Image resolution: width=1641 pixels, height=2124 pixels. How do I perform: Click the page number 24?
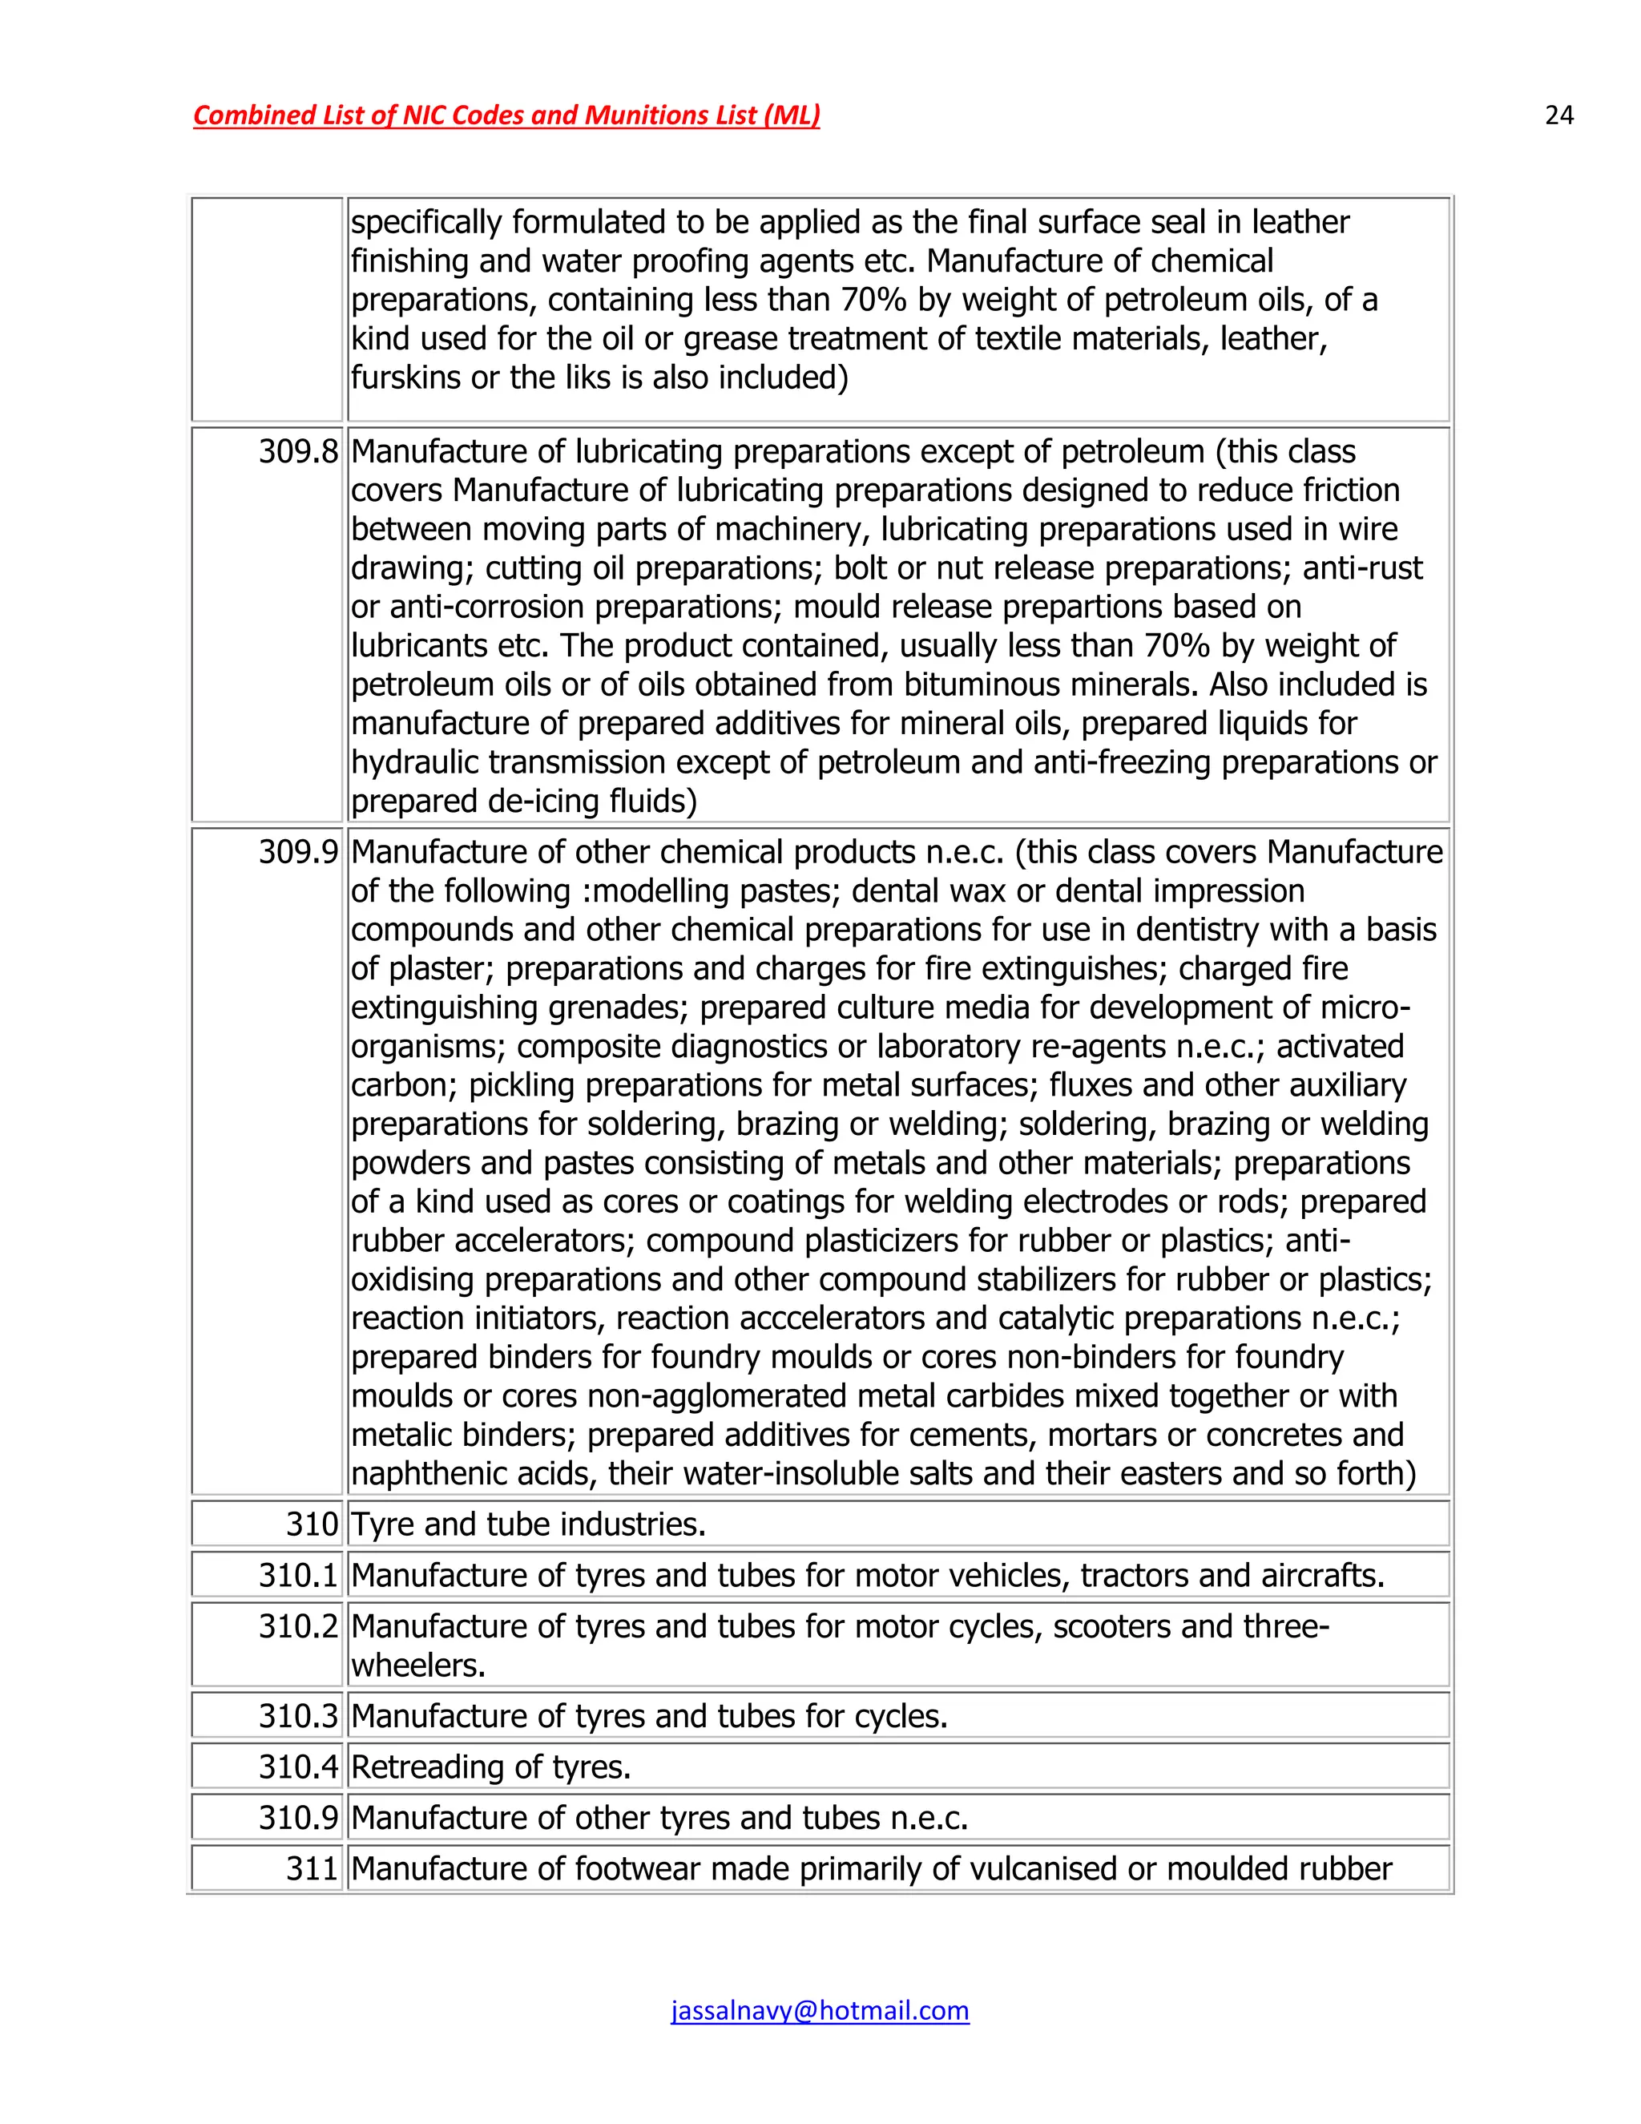(1558, 115)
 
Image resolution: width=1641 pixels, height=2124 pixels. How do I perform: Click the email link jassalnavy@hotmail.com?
(820, 2010)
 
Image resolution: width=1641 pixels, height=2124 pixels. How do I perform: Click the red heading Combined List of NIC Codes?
(506, 115)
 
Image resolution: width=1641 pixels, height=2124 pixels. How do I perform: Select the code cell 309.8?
(297, 452)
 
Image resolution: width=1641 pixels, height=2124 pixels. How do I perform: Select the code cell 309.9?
(297, 853)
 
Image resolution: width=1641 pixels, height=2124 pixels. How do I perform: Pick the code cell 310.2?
(297, 1626)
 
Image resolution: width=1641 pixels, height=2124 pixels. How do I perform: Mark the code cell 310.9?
(297, 1818)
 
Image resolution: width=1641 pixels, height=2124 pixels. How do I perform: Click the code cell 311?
(311, 1868)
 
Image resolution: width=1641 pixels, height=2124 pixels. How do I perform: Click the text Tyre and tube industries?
(528, 1524)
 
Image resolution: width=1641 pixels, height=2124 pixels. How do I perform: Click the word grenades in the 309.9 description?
(619, 1007)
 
